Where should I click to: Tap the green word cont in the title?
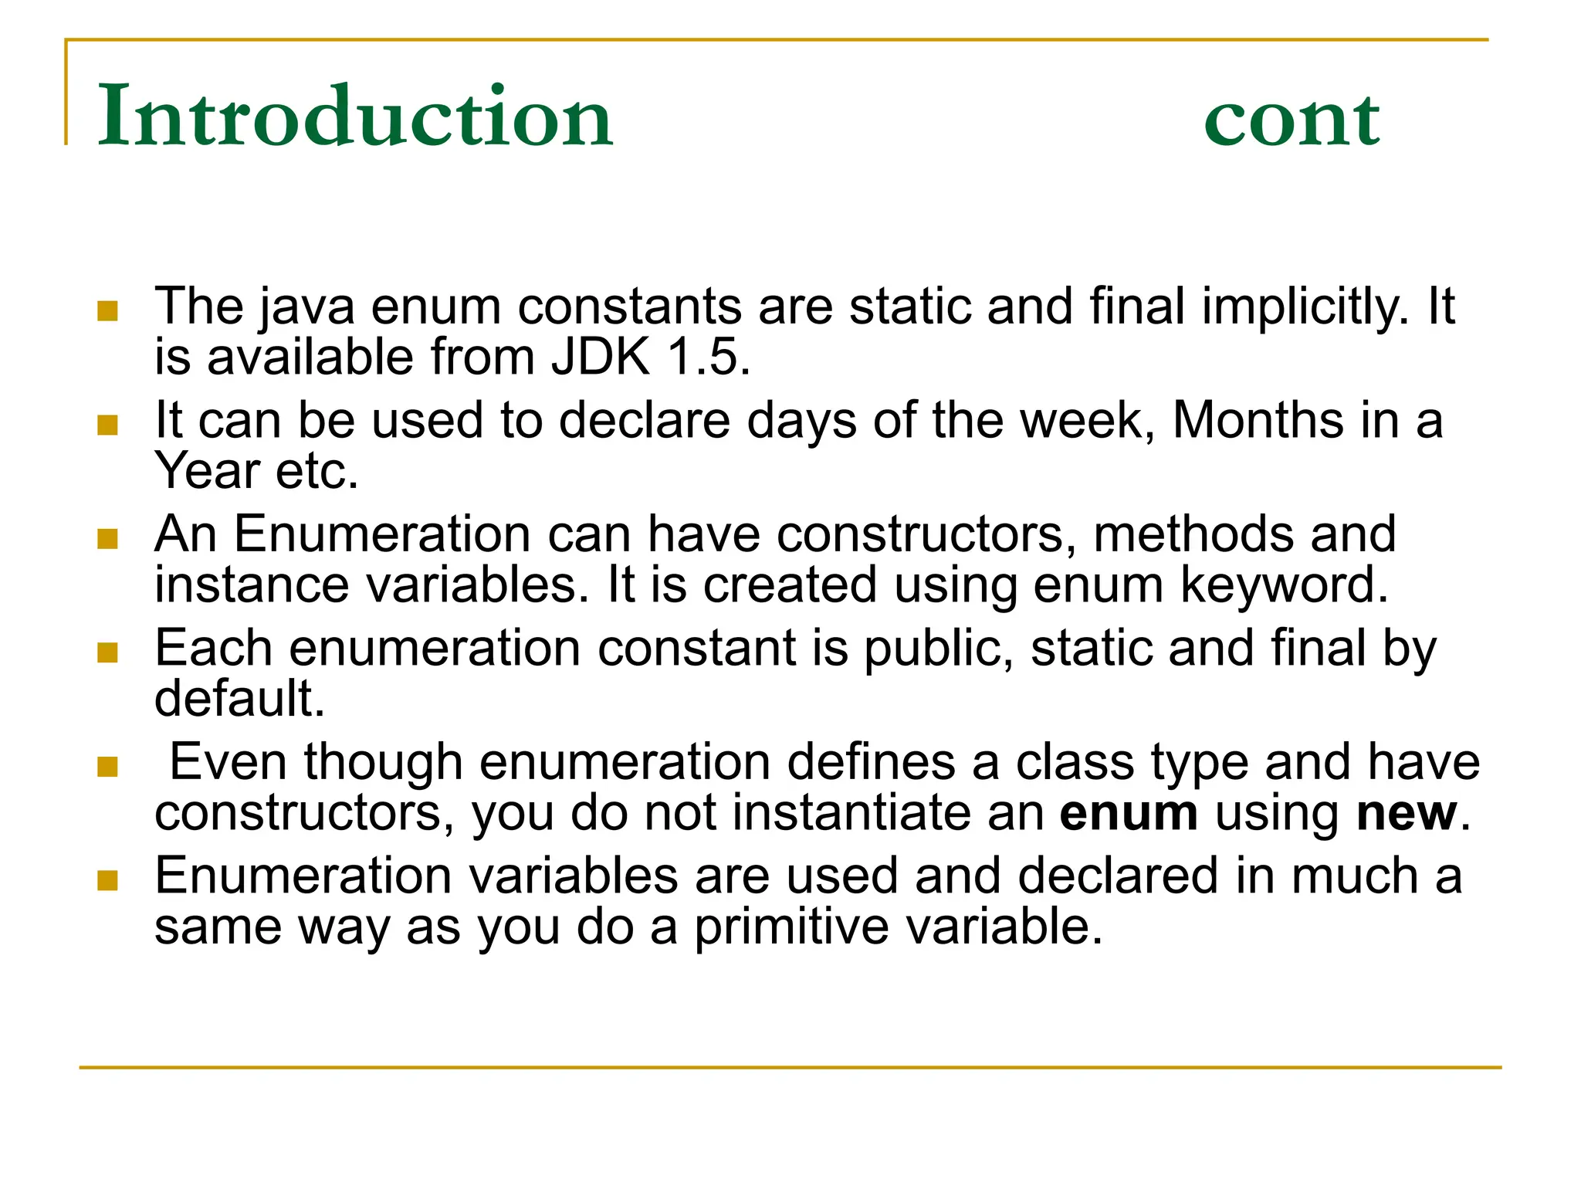click(1292, 120)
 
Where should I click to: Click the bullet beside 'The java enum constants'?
click(108, 310)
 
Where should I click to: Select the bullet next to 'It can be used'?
click(108, 425)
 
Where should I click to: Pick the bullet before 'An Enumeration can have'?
click(108, 538)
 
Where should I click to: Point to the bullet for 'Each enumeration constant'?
click(108, 652)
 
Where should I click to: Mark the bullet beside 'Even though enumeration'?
click(108, 766)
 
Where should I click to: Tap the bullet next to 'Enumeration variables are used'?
click(108, 880)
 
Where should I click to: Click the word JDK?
click(601, 357)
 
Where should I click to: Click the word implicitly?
click(1305, 307)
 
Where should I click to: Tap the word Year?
click(207, 471)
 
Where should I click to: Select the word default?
click(239, 698)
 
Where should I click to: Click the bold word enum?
click(1129, 813)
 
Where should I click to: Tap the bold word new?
click(1407, 813)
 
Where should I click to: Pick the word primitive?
click(790, 927)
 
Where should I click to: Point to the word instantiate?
click(888, 813)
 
